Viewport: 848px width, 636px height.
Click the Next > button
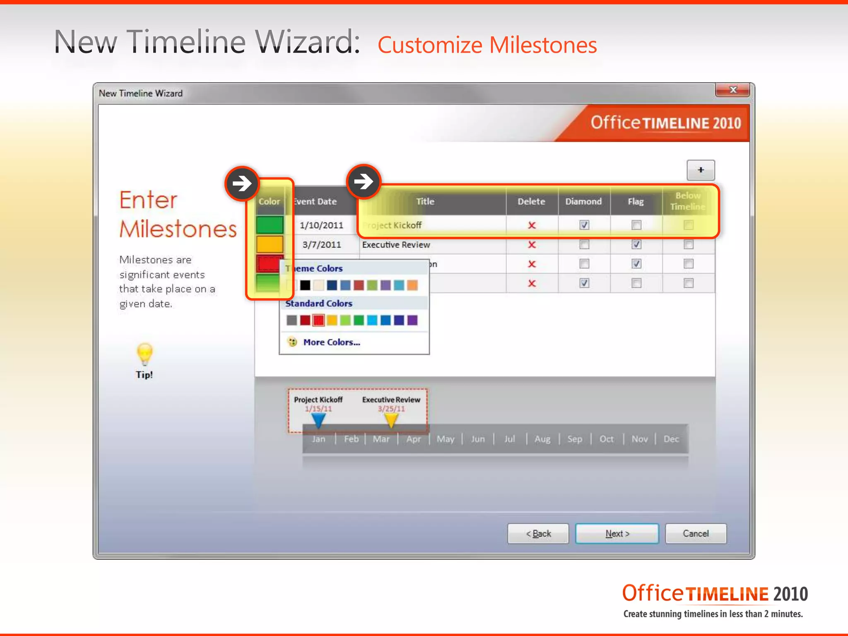(x=617, y=534)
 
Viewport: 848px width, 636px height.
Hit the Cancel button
(x=696, y=534)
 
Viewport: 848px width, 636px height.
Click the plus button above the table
(x=701, y=170)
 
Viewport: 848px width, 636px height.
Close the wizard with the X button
(x=732, y=90)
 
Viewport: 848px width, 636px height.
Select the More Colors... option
(x=331, y=342)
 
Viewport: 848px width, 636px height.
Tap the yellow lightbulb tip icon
(x=145, y=354)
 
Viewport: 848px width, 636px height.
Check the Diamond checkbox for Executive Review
(x=584, y=245)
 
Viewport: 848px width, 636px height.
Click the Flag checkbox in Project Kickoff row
(x=636, y=225)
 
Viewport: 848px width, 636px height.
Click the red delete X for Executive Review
(x=532, y=245)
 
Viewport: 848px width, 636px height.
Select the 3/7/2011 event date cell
(x=322, y=245)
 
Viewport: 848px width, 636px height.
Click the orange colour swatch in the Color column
(x=270, y=244)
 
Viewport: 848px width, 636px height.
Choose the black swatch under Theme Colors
(x=305, y=285)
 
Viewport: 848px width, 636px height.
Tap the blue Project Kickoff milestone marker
(x=318, y=421)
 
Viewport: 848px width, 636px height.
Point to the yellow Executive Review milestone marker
(x=391, y=421)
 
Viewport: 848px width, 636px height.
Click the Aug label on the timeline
(x=542, y=439)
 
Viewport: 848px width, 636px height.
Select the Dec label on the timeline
(x=671, y=439)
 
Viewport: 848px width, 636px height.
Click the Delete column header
(x=531, y=202)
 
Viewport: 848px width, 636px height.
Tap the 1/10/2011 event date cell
(x=322, y=225)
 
